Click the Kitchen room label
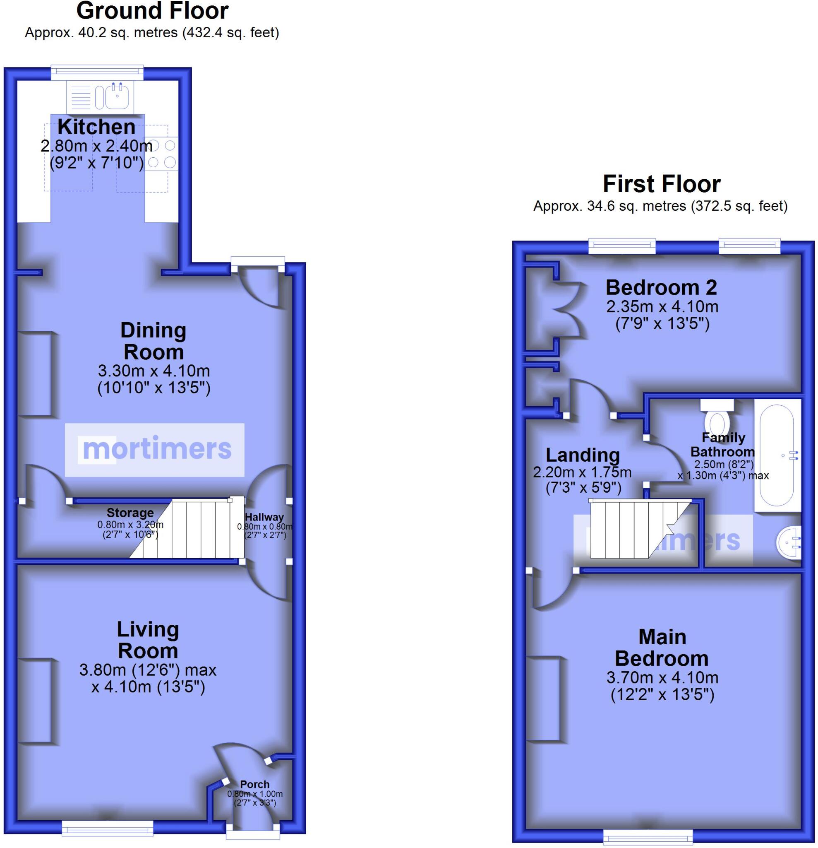click(x=96, y=127)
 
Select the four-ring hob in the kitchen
click(x=162, y=154)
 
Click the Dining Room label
click(x=154, y=341)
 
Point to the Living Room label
click(x=148, y=640)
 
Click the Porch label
click(x=254, y=784)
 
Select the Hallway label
click(x=264, y=517)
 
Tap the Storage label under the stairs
click(x=130, y=513)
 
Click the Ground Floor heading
click(x=152, y=11)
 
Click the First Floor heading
click(x=661, y=184)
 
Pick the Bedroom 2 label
click(x=661, y=287)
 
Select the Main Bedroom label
click(x=662, y=648)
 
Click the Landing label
click(x=583, y=455)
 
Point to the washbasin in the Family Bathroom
click(x=789, y=542)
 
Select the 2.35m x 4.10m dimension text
click(x=662, y=307)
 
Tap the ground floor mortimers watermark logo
click(x=155, y=450)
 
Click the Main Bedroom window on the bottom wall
click(x=648, y=838)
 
